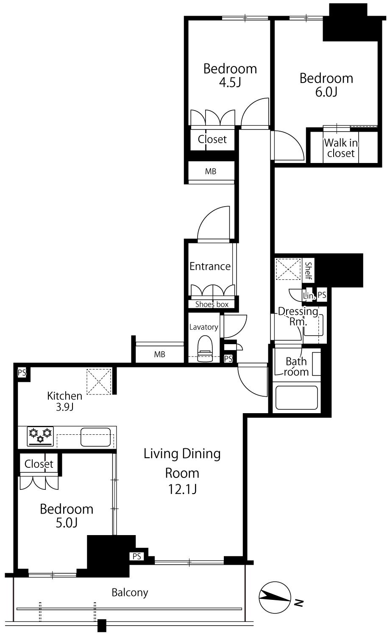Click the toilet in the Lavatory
click(205, 348)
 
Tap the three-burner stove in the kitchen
click(40, 436)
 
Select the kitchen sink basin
click(95, 437)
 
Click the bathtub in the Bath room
click(296, 397)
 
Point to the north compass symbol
click(275, 597)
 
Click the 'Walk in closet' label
click(340, 148)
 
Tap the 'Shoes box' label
click(212, 304)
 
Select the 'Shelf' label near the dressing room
click(308, 271)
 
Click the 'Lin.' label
click(309, 295)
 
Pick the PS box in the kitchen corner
click(22, 373)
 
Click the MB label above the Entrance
click(211, 171)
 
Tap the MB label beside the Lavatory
click(159, 354)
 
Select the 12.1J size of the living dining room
click(182, 489)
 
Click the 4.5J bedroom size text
click(230, 83)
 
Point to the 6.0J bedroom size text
click(326, 92)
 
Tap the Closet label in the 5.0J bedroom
click(39, 464)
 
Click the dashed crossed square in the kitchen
click(99, 381)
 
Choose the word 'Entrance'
click(210, 266)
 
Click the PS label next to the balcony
click(137, 557)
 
